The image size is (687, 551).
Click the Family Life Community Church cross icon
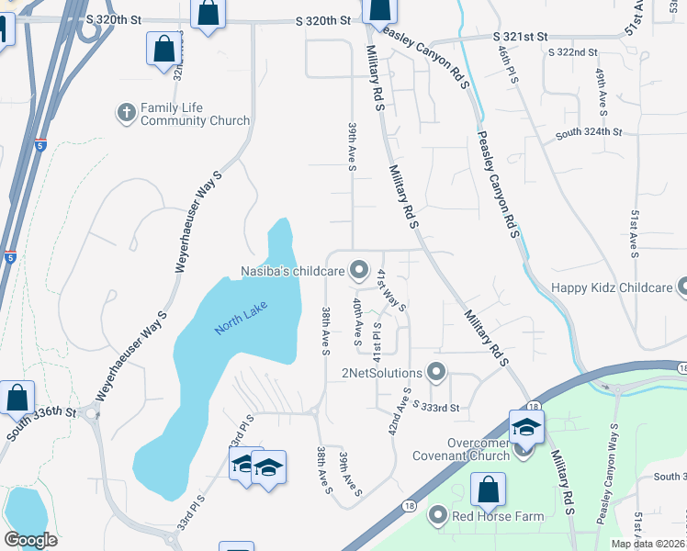[x=126, y=112]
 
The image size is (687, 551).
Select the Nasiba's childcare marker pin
[x=359, y=271]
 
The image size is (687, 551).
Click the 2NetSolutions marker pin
[x=436, y=372]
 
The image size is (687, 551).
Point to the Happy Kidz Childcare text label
[x=612, y=287]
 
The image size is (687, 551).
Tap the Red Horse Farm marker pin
[x=438, y=515]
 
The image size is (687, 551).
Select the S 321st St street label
[x=520, y=36]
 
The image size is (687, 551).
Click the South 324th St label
[x=589, y=133]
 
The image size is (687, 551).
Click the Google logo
[x=30, y=539]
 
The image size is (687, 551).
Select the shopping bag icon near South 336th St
[x=17, y=398]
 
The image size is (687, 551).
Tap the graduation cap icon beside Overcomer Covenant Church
[x=526, y=427]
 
